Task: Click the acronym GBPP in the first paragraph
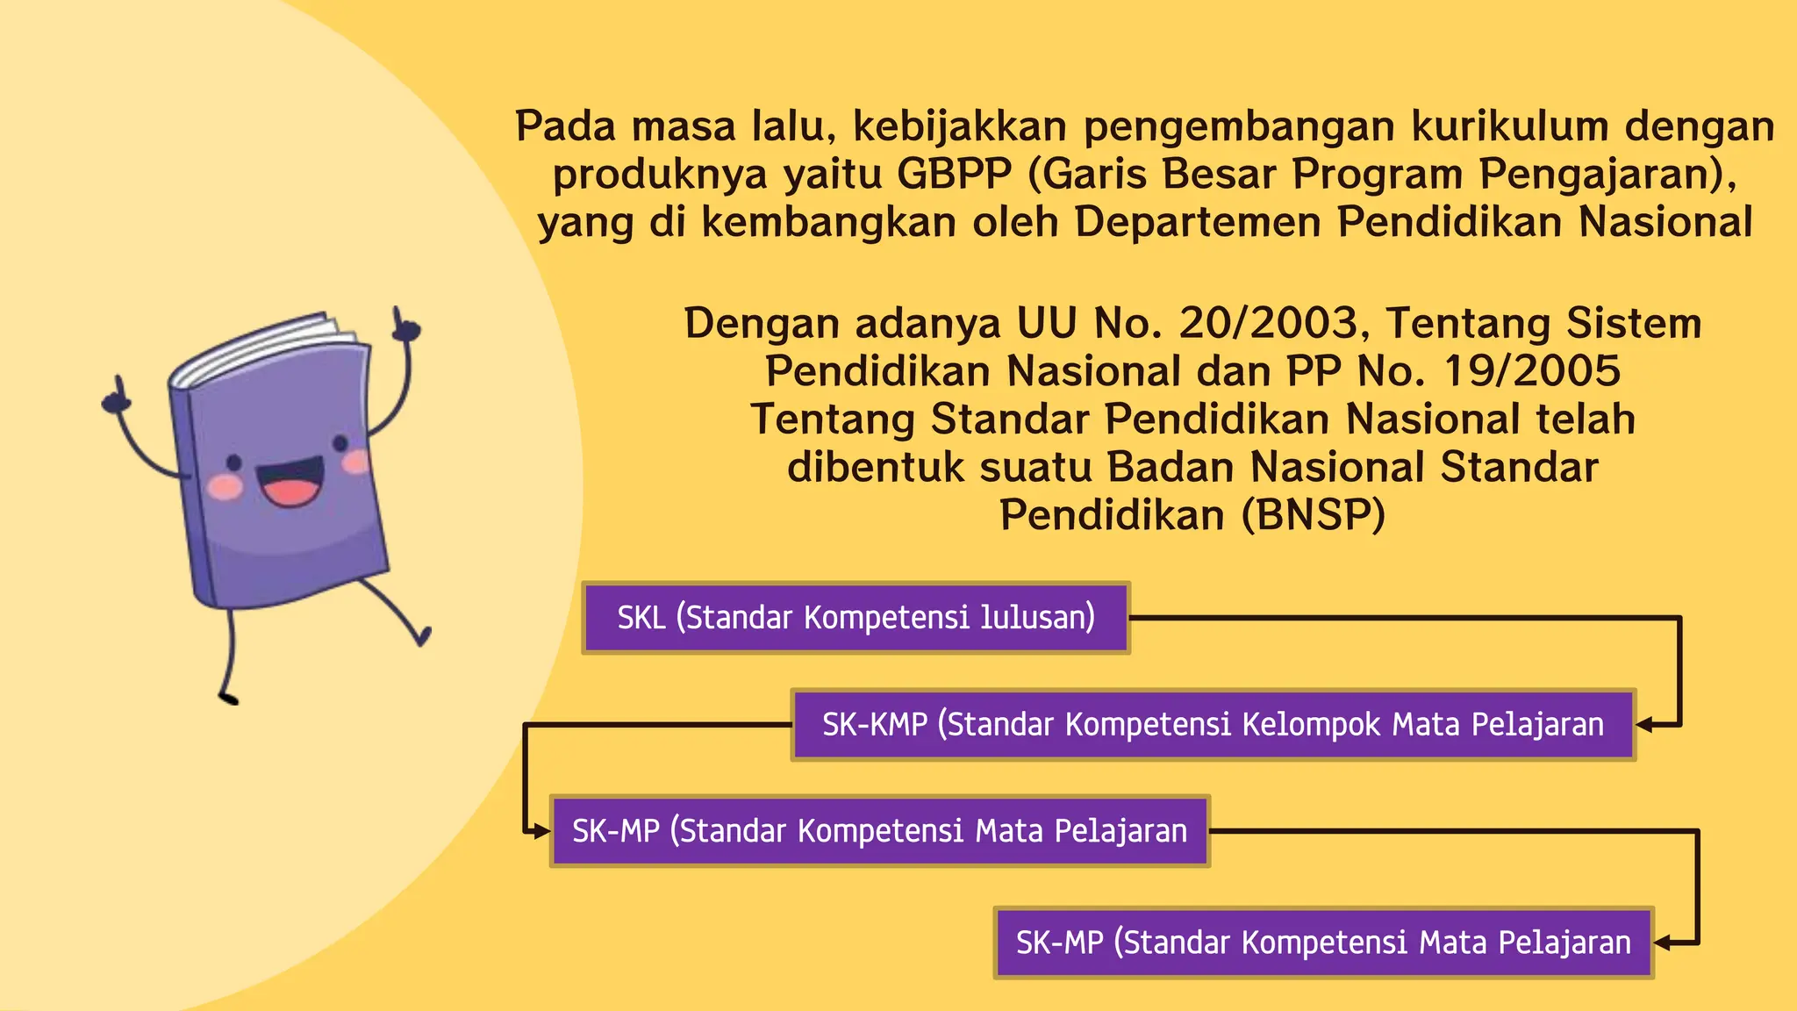955,174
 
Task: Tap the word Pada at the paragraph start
566,126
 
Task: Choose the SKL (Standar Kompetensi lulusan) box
856,618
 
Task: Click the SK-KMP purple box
1213,725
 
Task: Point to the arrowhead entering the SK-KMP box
1645,725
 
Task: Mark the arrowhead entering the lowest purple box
1663,943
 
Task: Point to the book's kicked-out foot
424,635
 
